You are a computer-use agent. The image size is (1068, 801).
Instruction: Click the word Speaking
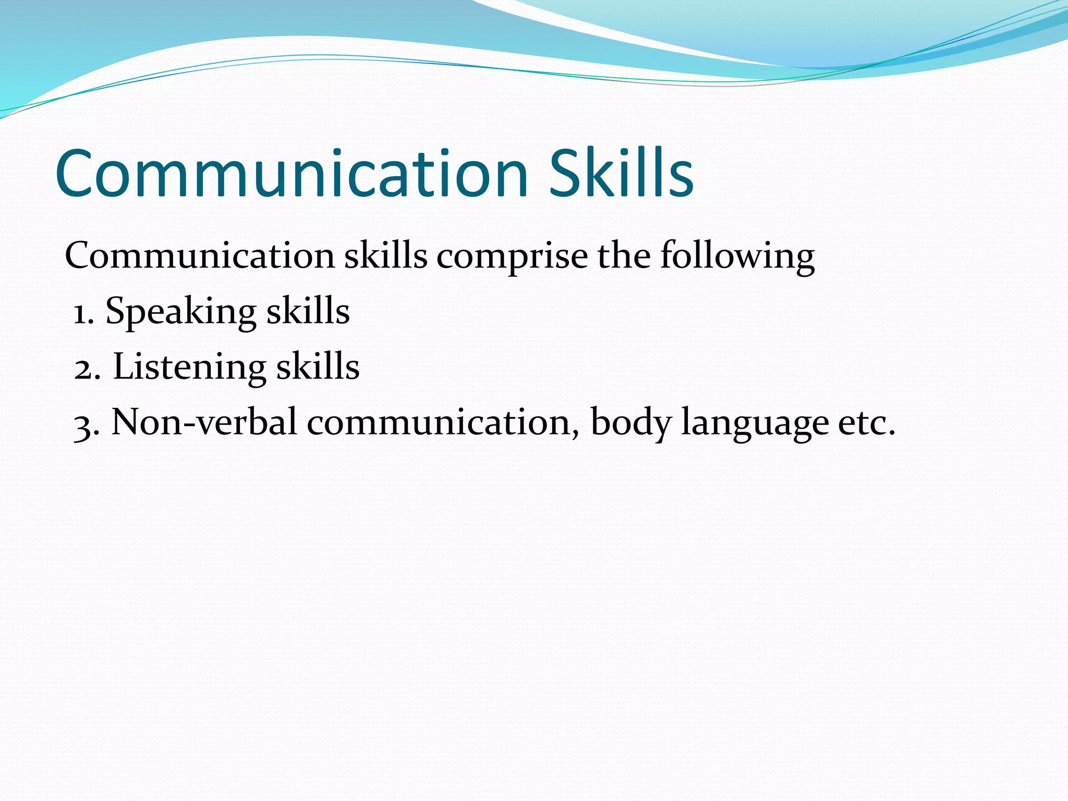point(180,312)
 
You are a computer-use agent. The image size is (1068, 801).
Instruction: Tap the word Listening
point(189,367)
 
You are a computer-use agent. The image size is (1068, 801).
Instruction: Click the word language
point(755,423)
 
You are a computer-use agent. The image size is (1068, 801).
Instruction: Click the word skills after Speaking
point(308,311)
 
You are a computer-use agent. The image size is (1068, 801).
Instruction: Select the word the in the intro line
point(624,257)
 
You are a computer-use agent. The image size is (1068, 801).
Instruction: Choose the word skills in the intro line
point(386,257)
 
